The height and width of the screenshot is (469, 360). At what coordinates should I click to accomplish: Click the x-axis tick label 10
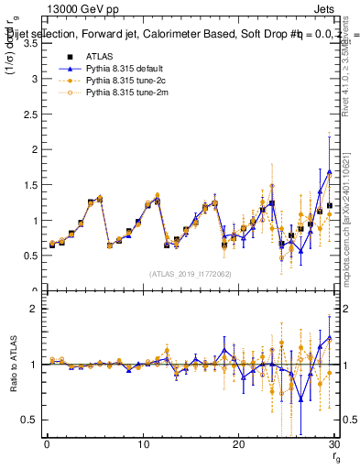pos(142,444)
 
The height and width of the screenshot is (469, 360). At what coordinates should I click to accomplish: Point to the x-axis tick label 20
pos(238,444)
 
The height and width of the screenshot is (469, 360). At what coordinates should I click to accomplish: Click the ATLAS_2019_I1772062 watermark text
pos(191,273)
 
